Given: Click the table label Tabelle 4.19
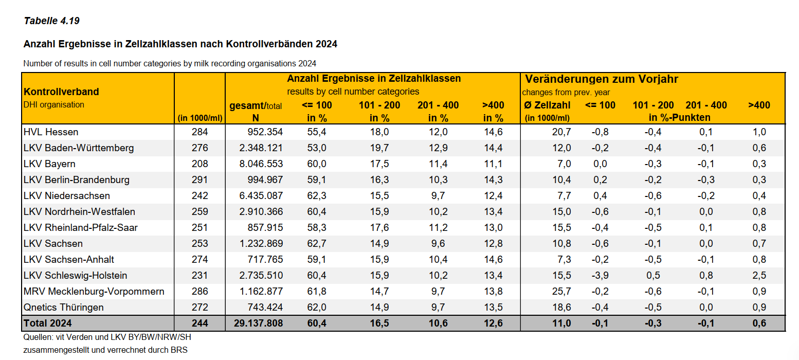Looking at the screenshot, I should coord(51,21).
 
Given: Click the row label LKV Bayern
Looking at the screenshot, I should coord(49,164).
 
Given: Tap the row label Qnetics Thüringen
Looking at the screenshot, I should coord(64,308).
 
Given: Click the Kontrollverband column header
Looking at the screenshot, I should coord(61,92).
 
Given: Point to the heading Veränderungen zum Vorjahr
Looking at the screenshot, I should coord(602,79).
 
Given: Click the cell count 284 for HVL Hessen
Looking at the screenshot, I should coord(199,132).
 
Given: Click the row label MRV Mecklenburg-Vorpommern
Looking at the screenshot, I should coord(94,292).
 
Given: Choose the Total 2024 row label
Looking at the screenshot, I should coord(48,323).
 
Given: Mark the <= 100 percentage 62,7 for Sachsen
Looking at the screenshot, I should coord(316,244).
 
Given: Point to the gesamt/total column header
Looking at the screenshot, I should coord(256,106).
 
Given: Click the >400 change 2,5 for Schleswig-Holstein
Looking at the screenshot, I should coord(759,276).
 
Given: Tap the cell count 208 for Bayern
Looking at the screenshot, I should coord(199,164).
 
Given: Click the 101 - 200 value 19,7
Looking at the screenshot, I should coord(379,148).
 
